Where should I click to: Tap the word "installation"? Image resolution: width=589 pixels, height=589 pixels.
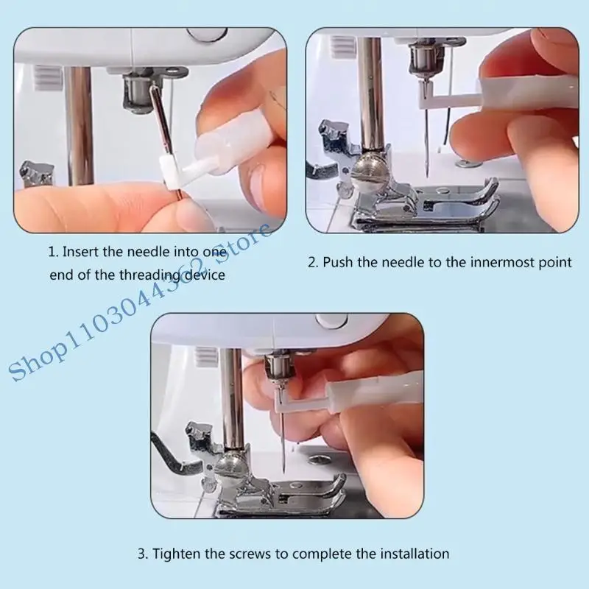413,553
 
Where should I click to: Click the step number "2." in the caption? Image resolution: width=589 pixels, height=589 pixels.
314,262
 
